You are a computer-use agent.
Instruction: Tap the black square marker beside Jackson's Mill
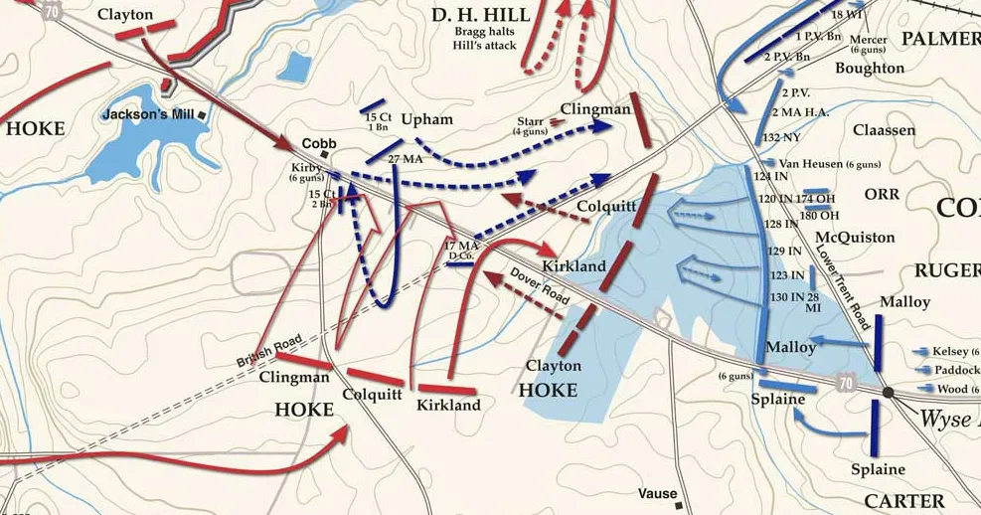point(202,115)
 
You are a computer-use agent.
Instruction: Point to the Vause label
point(658,494)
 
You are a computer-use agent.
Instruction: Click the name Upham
point(426,120)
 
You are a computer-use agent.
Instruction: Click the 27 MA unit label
point(407,159)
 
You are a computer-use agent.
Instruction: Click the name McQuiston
point(854,238)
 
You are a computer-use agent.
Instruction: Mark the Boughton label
point(870,68)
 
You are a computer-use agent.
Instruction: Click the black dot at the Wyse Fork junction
point(888,393)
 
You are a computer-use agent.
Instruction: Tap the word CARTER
point(904,500)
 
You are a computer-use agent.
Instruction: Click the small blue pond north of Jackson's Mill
point(295,67)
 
